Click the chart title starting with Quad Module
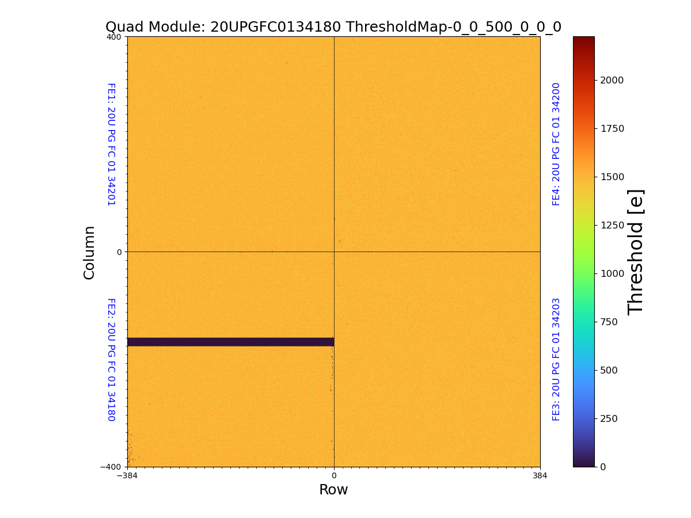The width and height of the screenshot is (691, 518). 333,27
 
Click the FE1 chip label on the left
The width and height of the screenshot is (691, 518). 111,144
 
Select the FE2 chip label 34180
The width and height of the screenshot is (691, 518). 111,360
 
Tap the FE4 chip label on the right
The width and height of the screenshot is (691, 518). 556,144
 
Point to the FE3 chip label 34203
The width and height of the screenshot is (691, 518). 556,359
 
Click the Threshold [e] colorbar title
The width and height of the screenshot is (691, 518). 636,252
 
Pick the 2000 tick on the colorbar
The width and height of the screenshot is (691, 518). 612,79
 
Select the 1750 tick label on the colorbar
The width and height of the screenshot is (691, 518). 612,128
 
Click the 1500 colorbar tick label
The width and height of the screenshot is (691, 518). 612,176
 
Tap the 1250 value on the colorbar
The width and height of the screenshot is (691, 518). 612,224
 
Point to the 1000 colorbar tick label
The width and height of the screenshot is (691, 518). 612,273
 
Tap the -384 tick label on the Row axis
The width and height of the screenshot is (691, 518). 127,476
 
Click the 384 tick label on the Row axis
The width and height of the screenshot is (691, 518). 540,476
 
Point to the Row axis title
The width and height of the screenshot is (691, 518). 333,490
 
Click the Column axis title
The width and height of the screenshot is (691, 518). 89,252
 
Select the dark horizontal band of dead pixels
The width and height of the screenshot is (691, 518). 230,342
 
